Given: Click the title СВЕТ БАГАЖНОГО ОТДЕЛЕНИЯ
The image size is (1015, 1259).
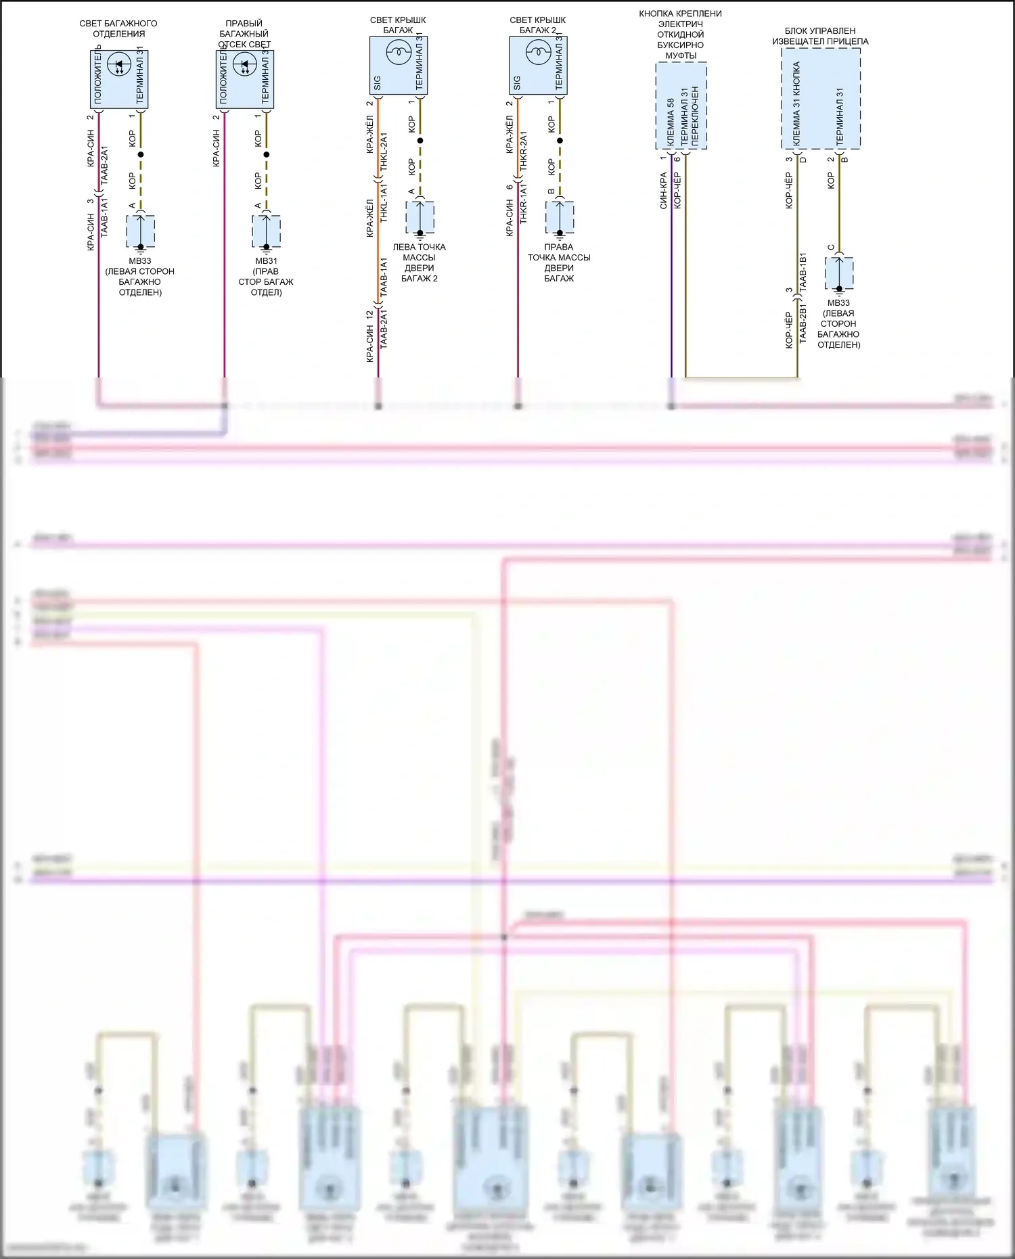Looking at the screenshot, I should click(x=118, y=28).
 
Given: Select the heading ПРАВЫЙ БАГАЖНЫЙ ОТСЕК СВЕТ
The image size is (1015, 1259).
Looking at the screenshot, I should click(x=244, y=34).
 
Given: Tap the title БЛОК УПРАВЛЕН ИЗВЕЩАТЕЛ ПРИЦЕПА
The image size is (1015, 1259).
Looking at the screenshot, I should click(x=820, y=36).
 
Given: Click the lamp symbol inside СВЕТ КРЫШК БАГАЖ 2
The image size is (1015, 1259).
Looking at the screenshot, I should click(x=539, y=51).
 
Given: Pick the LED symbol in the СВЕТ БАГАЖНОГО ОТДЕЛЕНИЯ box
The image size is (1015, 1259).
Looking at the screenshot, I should click(x=119, y=65).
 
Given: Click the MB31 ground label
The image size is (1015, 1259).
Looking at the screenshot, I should click(x=266, y=261).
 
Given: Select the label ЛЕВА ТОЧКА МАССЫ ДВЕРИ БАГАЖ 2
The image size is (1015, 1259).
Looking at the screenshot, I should click(x=420, y=262).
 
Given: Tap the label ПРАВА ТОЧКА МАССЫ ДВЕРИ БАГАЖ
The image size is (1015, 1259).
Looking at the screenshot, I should click(x=559, y=262).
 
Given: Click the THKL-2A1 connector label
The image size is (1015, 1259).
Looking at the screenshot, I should click(x=384, y=152).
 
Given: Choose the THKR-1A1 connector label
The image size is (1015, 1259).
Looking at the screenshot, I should click(x=523, y=204).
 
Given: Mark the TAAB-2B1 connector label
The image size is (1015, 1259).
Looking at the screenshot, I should click(x=803, y=324).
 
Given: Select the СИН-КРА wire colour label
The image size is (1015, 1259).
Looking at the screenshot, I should click(x=664, y=191).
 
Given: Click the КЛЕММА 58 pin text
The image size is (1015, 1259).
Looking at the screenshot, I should click(x=671, y=122).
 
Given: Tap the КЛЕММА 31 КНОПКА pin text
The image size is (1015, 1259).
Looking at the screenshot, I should click(x=796, y=104).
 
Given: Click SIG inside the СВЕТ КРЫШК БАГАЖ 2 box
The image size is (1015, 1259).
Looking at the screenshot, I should click(x=517, y=83).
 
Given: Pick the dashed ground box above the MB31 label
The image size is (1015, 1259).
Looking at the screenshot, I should click(x=267, y=231).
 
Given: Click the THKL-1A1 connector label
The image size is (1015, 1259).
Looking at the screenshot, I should click(x=384, y=203).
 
